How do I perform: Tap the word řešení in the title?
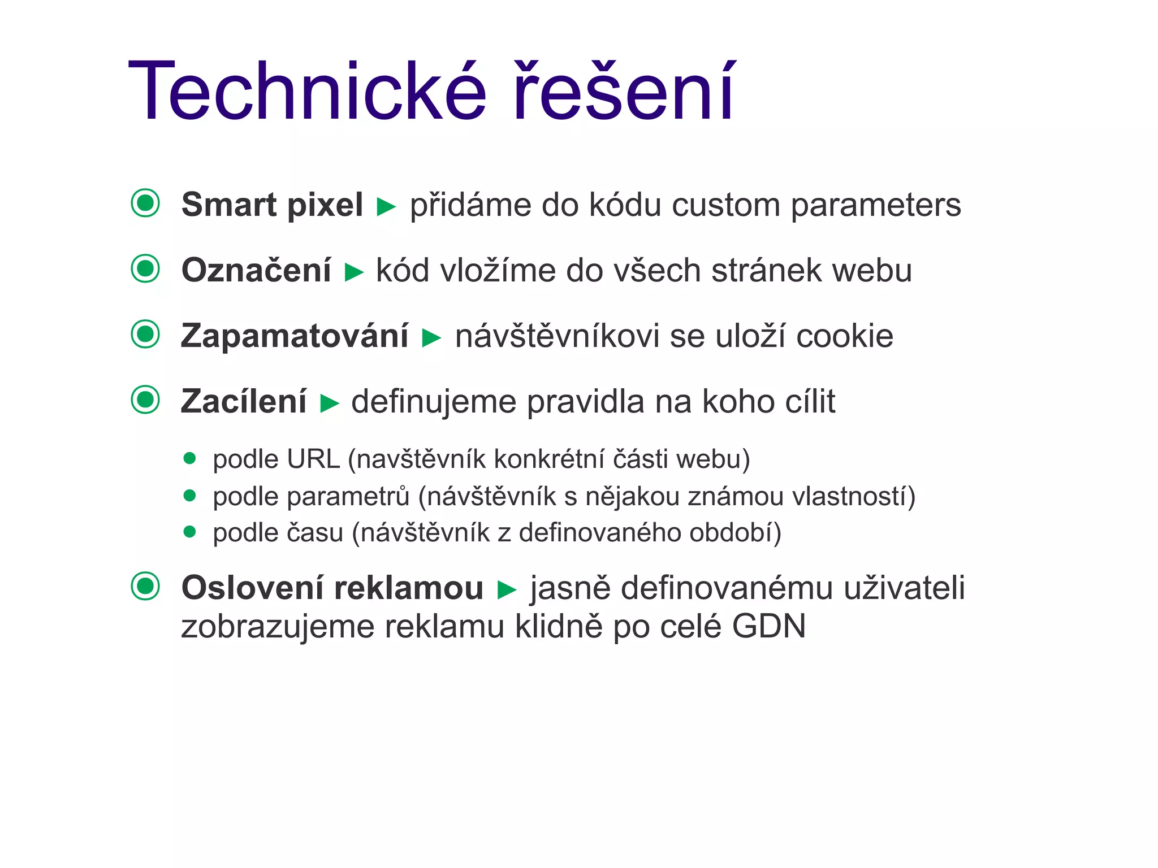click(x=623, y=92)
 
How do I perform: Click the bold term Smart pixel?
click(x=272, y=205)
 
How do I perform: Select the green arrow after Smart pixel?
click(x=386, y=206)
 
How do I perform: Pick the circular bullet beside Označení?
click(x=145, y=268)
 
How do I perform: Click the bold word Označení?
click(x=256, y=270)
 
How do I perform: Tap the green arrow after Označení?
click(x=354, y=272)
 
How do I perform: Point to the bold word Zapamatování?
click(x=295, y=336)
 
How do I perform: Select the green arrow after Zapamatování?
click(x=431, y=338)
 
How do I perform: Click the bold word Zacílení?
click(x=244, y=402)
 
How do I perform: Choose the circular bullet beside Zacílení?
click(x=145, y=400)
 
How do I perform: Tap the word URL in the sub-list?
click(x=313, y=459)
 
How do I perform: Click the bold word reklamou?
click(x=409, y=588)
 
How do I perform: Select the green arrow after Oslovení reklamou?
click(x=507, y=590)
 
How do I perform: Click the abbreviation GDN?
click(x=768, y=626)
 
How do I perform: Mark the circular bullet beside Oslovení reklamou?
click(x=145, y=586)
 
